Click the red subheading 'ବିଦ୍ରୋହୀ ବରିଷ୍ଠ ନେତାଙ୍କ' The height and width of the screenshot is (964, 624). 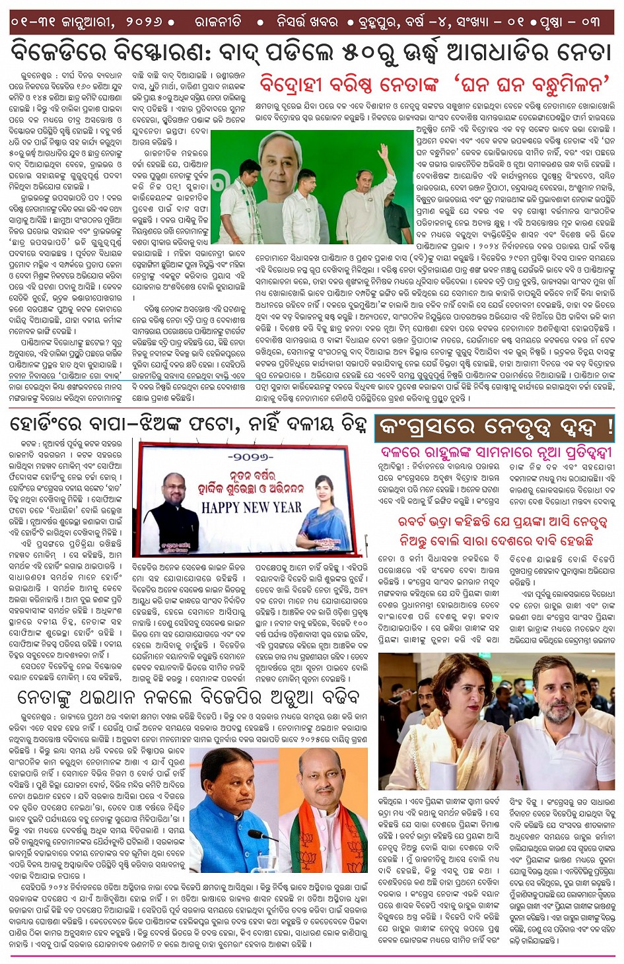click(349, 85)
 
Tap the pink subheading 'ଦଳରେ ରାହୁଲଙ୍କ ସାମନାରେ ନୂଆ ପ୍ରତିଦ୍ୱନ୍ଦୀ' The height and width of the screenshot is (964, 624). click(496, 453)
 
